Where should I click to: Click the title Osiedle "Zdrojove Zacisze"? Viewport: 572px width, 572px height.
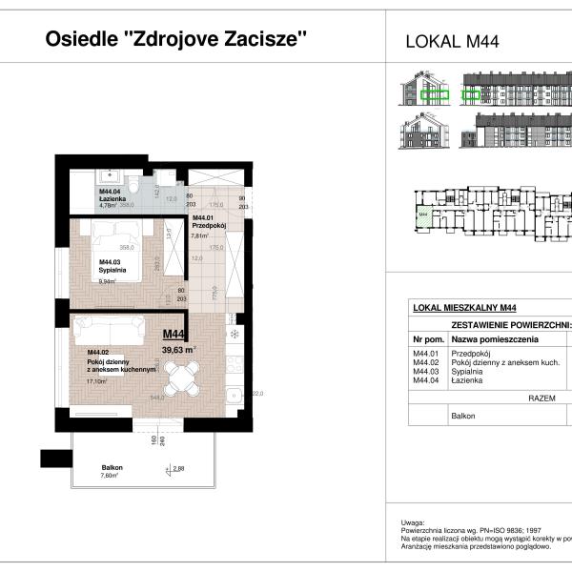(176, 39)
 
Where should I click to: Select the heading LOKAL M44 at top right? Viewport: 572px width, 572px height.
(453, 41)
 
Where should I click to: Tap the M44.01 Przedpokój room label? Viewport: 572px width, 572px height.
(206, 223)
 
